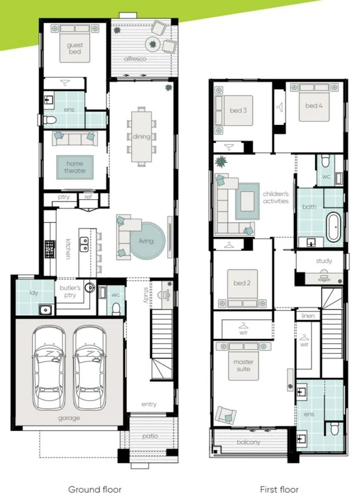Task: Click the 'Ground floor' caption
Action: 95,490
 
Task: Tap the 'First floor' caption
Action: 279,490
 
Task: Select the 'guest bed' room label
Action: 75,49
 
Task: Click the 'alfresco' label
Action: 135,59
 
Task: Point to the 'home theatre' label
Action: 75,167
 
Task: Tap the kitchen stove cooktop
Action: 50,249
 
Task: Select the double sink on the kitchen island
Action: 84,244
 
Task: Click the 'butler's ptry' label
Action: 70,291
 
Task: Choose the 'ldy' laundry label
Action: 33,293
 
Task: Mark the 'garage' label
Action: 69,418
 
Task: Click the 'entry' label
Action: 149,404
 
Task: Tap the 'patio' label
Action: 150,436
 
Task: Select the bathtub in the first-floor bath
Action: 333,228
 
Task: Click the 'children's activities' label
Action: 276,197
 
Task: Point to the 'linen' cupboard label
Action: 308,316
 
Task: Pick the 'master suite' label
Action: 243,365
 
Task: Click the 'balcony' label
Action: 248,442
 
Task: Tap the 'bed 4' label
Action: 314,105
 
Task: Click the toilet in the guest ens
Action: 50,120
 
